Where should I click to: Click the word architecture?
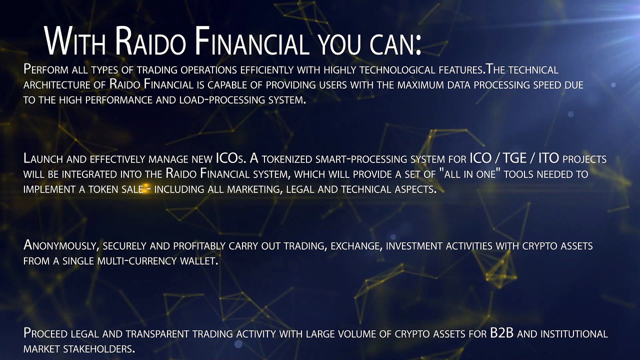tap(56, 85)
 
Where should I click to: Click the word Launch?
tap(43, 158)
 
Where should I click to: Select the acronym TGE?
tap(514, 158)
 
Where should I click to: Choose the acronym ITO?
tap(548, 158)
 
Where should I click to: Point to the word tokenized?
tap(287, 159)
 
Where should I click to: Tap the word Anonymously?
tap(61, 245)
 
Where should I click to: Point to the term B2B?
tap(502, 333)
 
